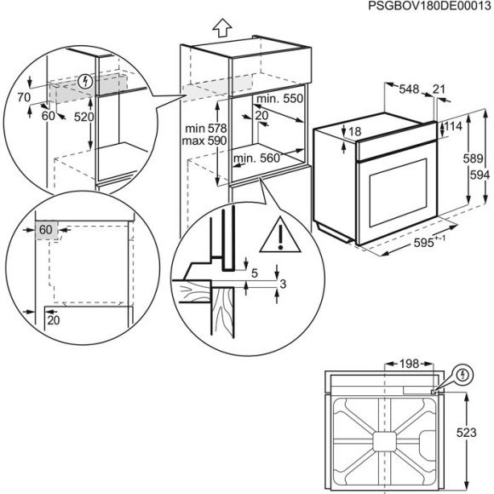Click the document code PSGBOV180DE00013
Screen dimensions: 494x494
pos(419,7)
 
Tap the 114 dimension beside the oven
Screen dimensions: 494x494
pos(453,126)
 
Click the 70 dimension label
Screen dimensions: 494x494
pos(23,98)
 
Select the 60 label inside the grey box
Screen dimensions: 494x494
pos(45,230)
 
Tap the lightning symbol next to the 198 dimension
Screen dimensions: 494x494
pos(462,374)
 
